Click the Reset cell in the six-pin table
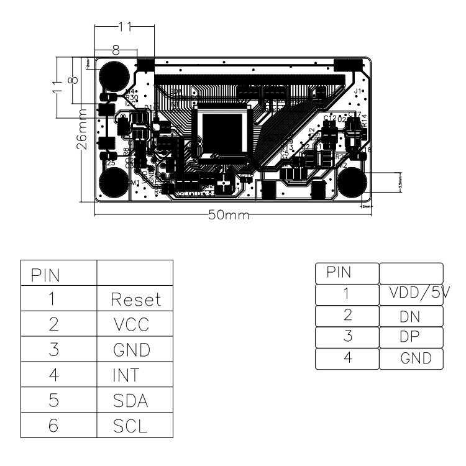[x=135, y=300]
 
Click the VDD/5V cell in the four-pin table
[x=411, y=295]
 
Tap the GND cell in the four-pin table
[x=411, y=359]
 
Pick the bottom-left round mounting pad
[x=114, y=184]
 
